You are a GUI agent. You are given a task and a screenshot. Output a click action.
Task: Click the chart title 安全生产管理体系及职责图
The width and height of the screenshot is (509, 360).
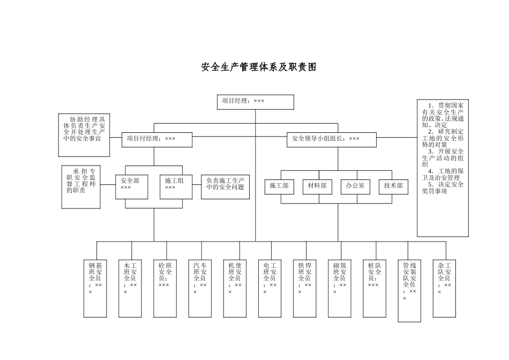pos(259,67)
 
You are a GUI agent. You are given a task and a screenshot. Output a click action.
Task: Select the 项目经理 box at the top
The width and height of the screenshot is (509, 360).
pos(256,102)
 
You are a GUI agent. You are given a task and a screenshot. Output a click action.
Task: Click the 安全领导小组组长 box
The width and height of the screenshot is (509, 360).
pos(331,139)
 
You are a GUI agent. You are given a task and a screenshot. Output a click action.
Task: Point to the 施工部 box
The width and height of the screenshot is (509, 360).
pos(279,186)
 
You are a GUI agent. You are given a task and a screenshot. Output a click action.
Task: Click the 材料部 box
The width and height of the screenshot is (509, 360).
pos(317,186)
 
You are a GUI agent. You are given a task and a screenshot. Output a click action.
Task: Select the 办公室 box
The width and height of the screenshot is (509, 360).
pos(355,186)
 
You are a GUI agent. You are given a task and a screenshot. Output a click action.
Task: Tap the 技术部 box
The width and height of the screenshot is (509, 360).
pos(393,186)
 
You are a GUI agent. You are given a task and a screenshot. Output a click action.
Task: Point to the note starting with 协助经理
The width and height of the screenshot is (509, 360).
pos(84,135)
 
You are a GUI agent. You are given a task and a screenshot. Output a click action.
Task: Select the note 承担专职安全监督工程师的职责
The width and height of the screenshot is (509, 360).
pos(81,187)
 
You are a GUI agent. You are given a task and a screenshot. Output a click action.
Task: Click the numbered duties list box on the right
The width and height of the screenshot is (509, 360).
pos(443,168)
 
